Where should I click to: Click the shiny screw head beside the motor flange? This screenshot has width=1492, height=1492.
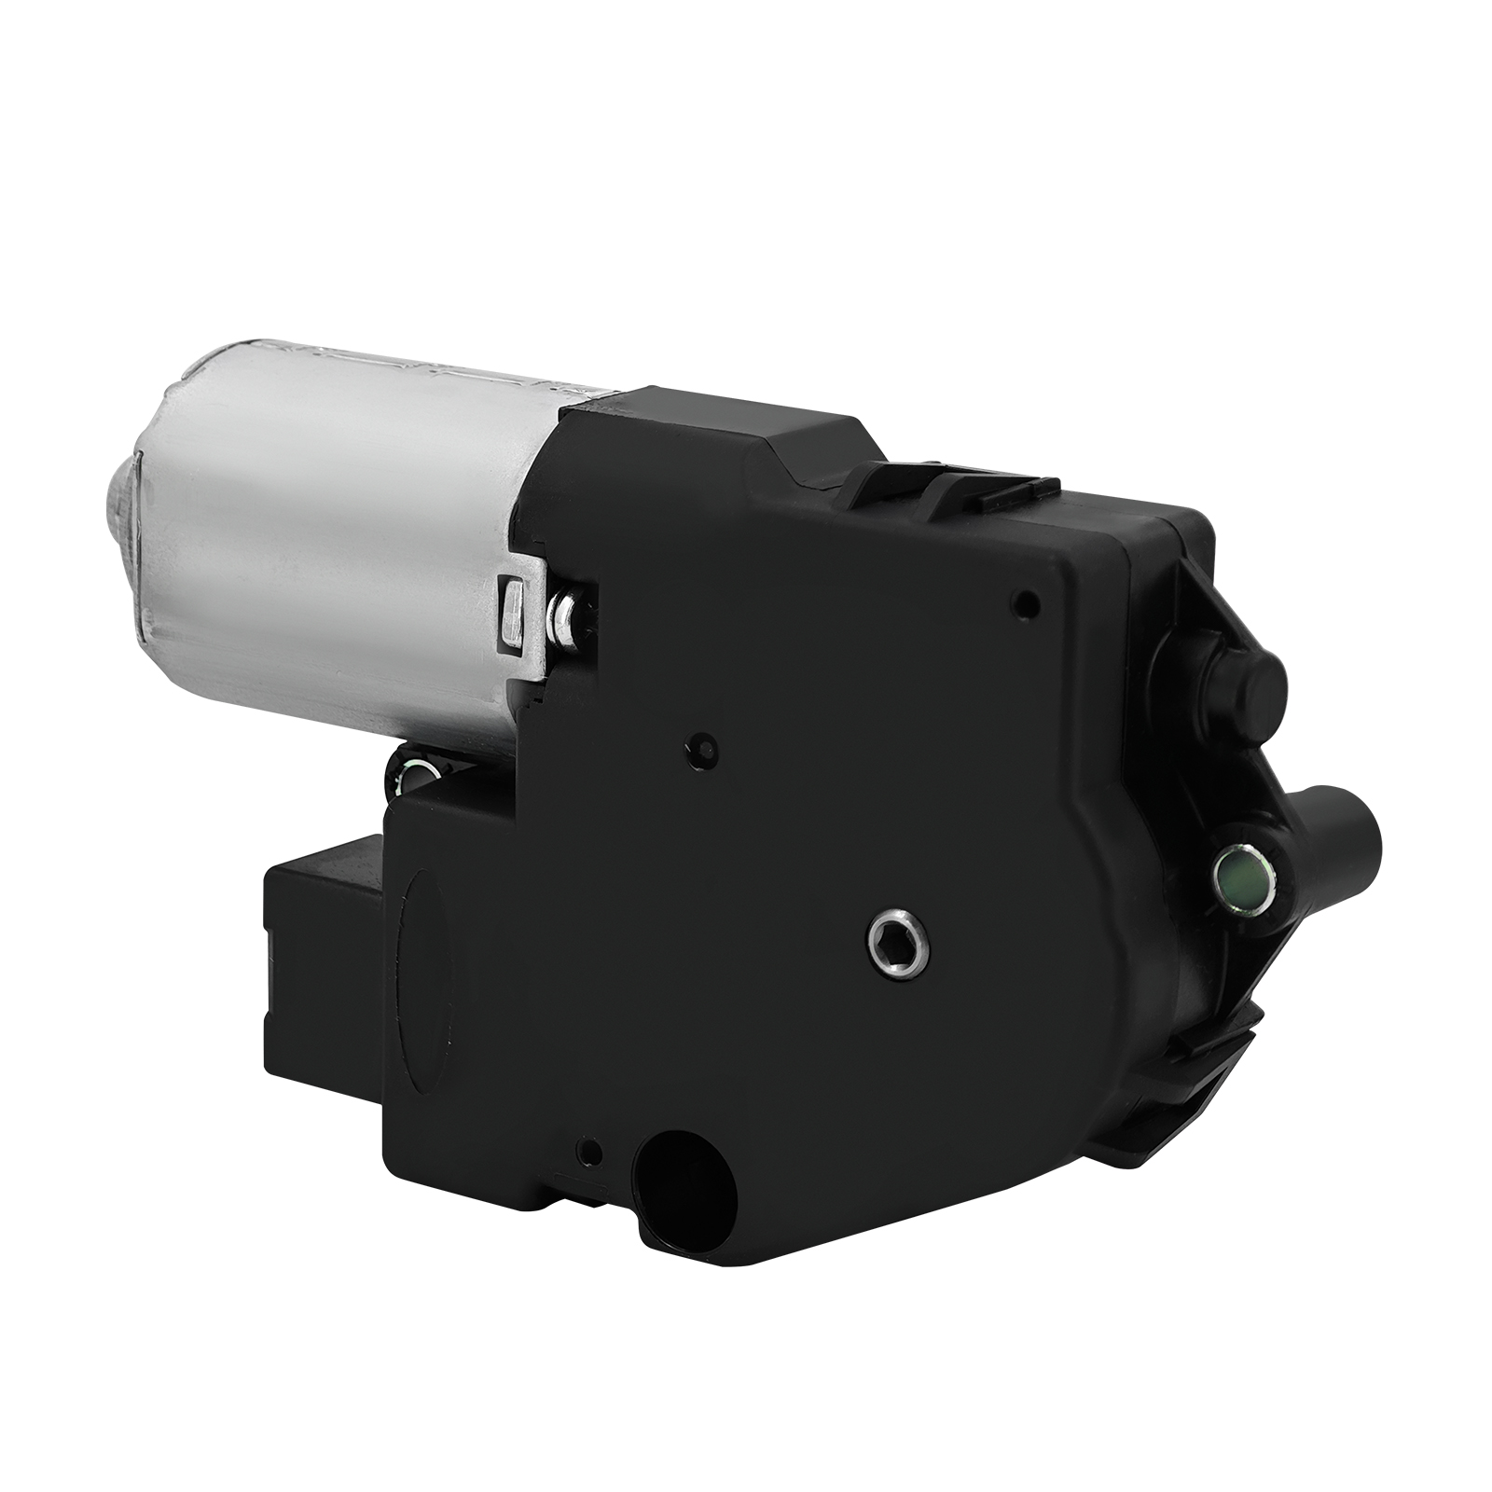563,615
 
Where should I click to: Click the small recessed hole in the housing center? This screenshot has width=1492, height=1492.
702,748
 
